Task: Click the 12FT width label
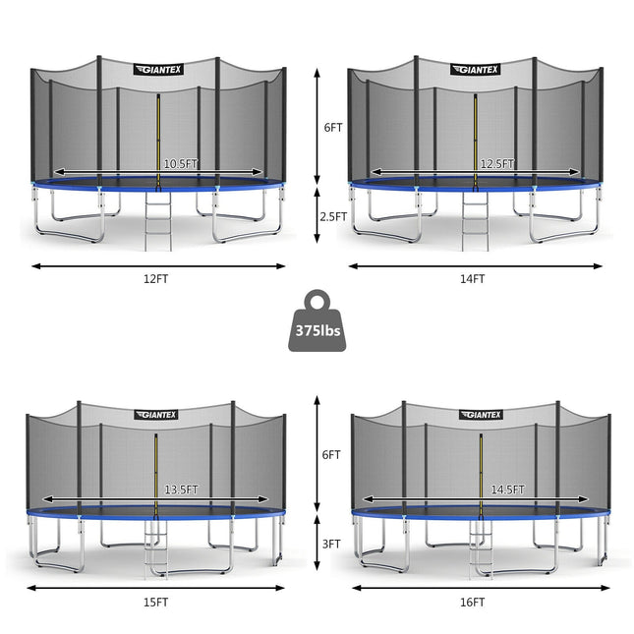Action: pyautogui.click(x=155, y=279)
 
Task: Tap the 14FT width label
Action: pyautogui.click(x=472, y=279)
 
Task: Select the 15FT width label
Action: pyautogui.click(x=155, y=603)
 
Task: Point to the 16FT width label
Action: pyautogui.click(x=472, y=603)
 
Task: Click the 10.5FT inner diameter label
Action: pyautogui.click(x=181, y=164)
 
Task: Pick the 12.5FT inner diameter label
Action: pyautogui.click(x=497, y=164)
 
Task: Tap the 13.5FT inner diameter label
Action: pyautogui.click(x=181, y=490)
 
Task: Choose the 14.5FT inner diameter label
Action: pyautogui.click(x=507, y=490)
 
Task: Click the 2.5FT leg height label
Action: pyautogui.click(x=333, y=216)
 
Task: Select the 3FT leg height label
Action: pyautogui.click(x=331, y=544)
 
